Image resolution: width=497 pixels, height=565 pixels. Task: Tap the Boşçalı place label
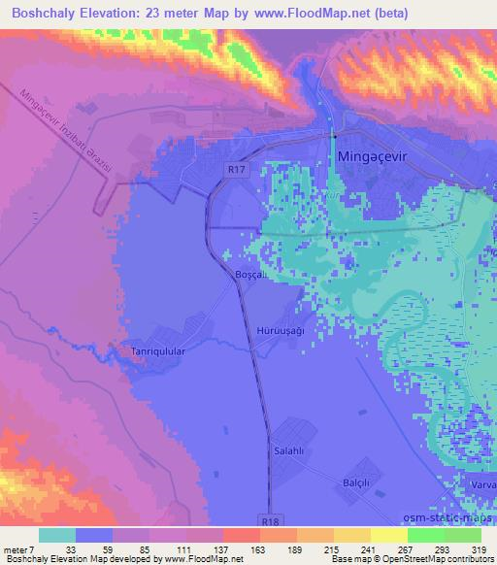coord(252,276)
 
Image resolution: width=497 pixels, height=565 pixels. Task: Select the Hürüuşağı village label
coord(279,330)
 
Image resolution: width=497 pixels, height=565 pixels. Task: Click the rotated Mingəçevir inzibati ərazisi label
coord(68,131)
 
